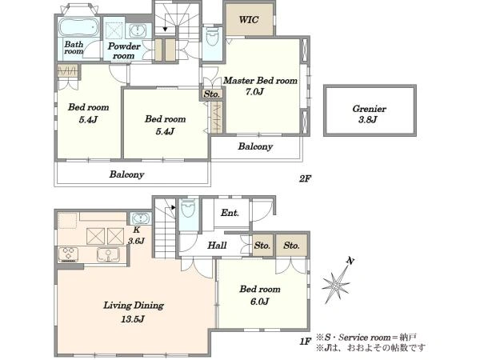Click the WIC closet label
coord(249,20)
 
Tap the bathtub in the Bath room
coord(78,27)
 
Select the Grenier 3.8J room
coord(370,110)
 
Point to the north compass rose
coord(337,281)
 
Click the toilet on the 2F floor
coord(212,37)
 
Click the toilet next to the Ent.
coord(188,208)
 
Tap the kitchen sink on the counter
coord(108,254)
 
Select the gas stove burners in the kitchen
coord(69,254)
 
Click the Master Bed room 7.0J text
coord(260,86)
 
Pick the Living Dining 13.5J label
coord(134,312)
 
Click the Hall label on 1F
coord(217,246)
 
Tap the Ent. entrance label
coord(230,213)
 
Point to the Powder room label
coord(124,51)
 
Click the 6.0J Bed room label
coord(260,295)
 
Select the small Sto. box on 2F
coord(212,94)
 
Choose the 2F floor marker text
coord(305,178)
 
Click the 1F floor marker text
coord(306,341)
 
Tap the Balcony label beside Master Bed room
coord(255,146)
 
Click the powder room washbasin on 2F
coord(138,30)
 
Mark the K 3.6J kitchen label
coord(136,235)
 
